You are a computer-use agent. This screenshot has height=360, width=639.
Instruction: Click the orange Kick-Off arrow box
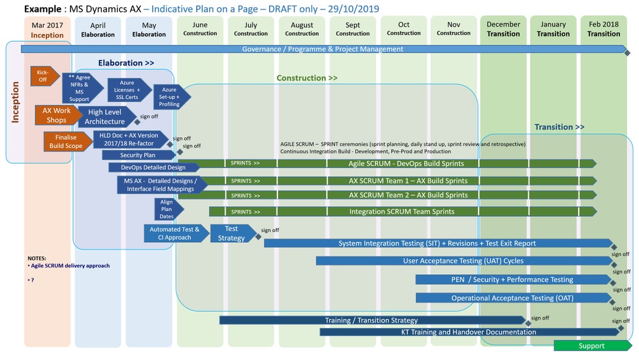tap(44, 76)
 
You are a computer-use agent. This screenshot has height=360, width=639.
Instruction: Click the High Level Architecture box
tap(105, 117)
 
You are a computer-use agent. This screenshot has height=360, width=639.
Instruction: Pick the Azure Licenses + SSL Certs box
tap(126, 89)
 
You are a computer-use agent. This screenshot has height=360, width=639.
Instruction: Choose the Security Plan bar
tap(138, 155)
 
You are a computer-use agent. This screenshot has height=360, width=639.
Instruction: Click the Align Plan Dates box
tap(167, 209)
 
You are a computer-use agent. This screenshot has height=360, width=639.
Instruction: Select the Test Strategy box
tap(231, 233)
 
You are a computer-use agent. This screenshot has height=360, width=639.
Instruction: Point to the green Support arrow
tap(592, 346)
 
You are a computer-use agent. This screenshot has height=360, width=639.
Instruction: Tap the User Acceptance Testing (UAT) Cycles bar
tap(463, 261)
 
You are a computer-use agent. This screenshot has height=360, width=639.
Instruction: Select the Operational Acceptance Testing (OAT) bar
tap(512, 298)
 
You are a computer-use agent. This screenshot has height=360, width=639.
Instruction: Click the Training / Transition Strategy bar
tap(371, 320)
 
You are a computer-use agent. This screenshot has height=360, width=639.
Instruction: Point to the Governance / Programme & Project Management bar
tap(322, 49)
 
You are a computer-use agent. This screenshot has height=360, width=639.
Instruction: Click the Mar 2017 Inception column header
tap(47, 30)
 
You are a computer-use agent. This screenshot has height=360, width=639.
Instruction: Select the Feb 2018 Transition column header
tap(603, 29)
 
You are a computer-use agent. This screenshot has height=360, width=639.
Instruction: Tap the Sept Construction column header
tap(353, 29)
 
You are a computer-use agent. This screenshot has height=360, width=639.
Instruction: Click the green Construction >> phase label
tap(307, 78)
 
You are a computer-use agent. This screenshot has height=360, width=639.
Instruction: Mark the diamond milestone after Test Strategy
tap(258, 237)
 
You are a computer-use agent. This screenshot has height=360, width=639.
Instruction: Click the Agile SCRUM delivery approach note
tap(70, 266)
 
